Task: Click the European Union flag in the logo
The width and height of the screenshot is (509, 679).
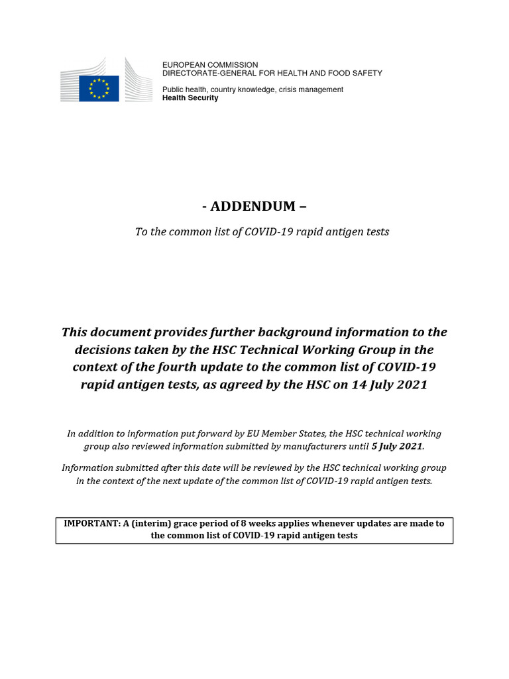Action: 99,88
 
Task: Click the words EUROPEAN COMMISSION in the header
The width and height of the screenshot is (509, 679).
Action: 210,65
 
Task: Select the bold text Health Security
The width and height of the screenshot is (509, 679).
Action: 190,98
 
